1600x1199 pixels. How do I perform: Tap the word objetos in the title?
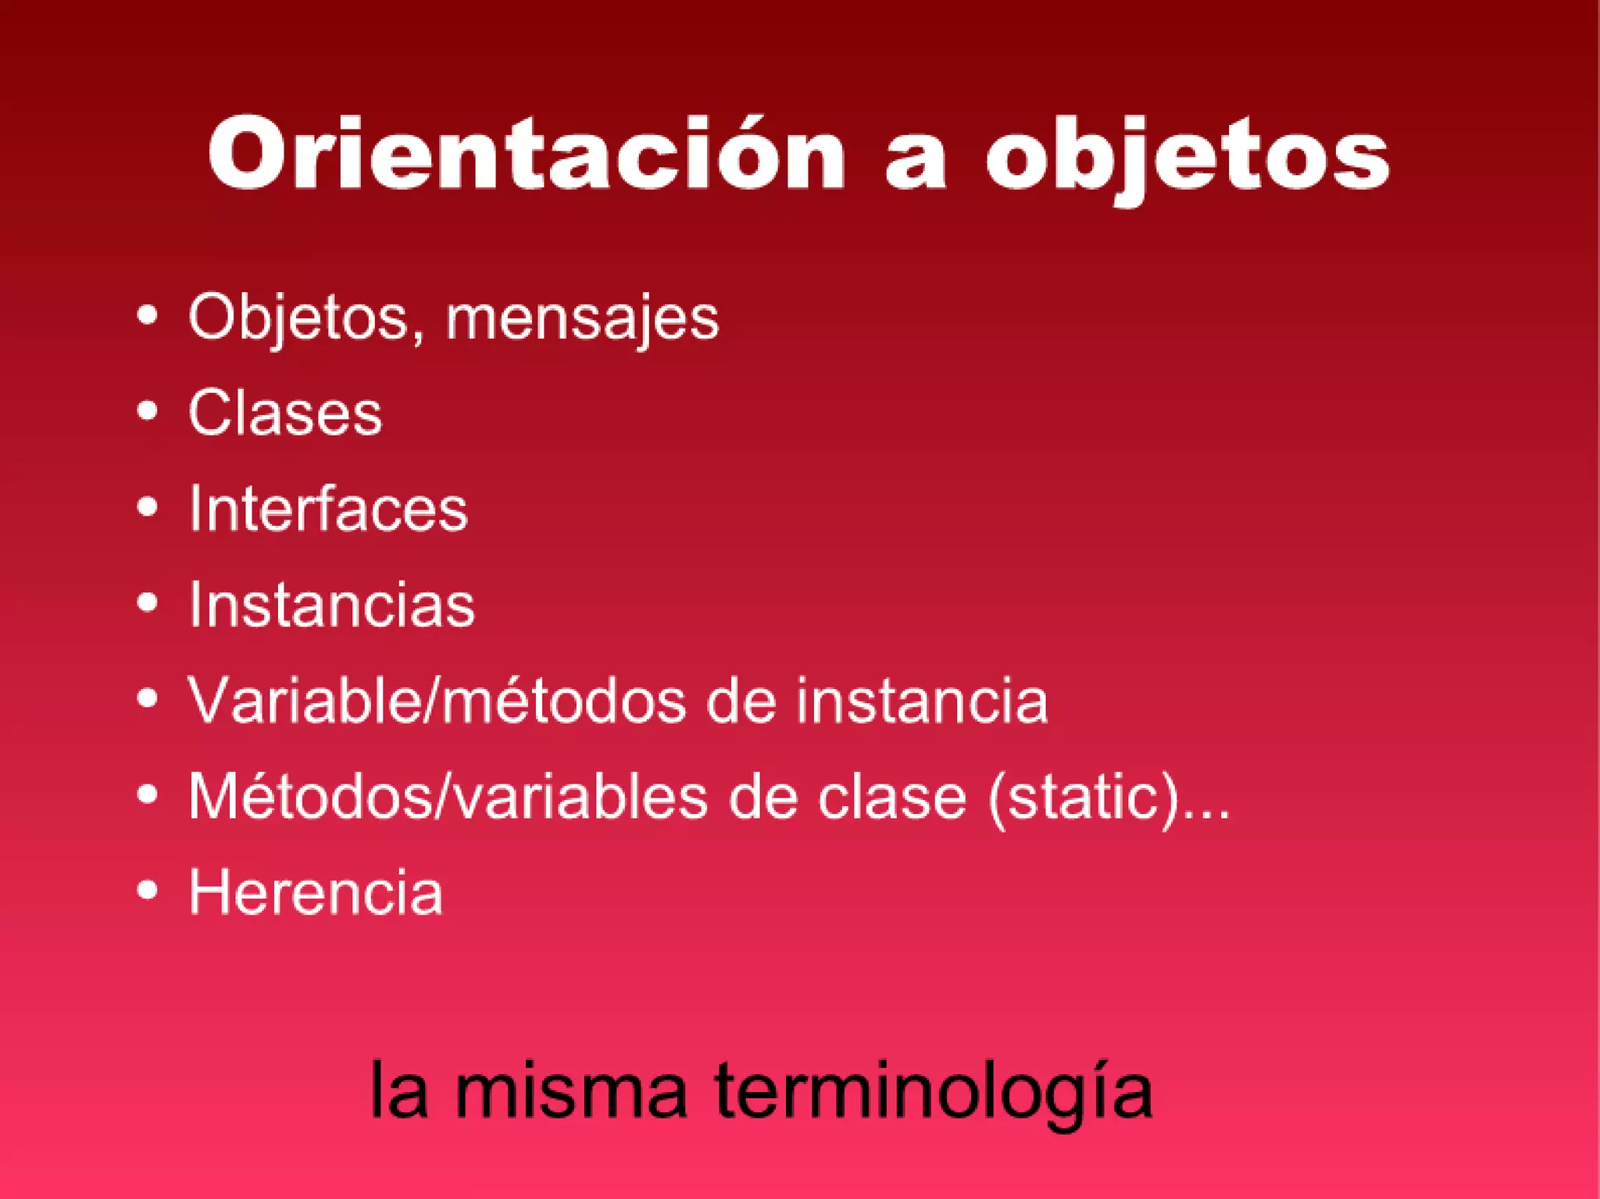click(x=1187, y=156)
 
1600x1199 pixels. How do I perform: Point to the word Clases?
click(x=285, y=412)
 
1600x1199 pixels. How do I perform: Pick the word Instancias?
click(x=332, y=605)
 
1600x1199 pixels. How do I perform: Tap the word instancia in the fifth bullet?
click(x=922, y=701)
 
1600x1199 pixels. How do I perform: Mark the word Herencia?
click(x=316, y=892)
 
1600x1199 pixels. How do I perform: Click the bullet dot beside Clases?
click(x=147, y=411)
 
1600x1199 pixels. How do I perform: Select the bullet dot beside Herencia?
click(x=147, y=890)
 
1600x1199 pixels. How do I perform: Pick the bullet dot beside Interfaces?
click(x=147, y=507)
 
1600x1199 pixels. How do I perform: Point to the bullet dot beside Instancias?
click(x=147, y=602)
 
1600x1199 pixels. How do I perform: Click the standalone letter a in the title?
click(x=916, y=159)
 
